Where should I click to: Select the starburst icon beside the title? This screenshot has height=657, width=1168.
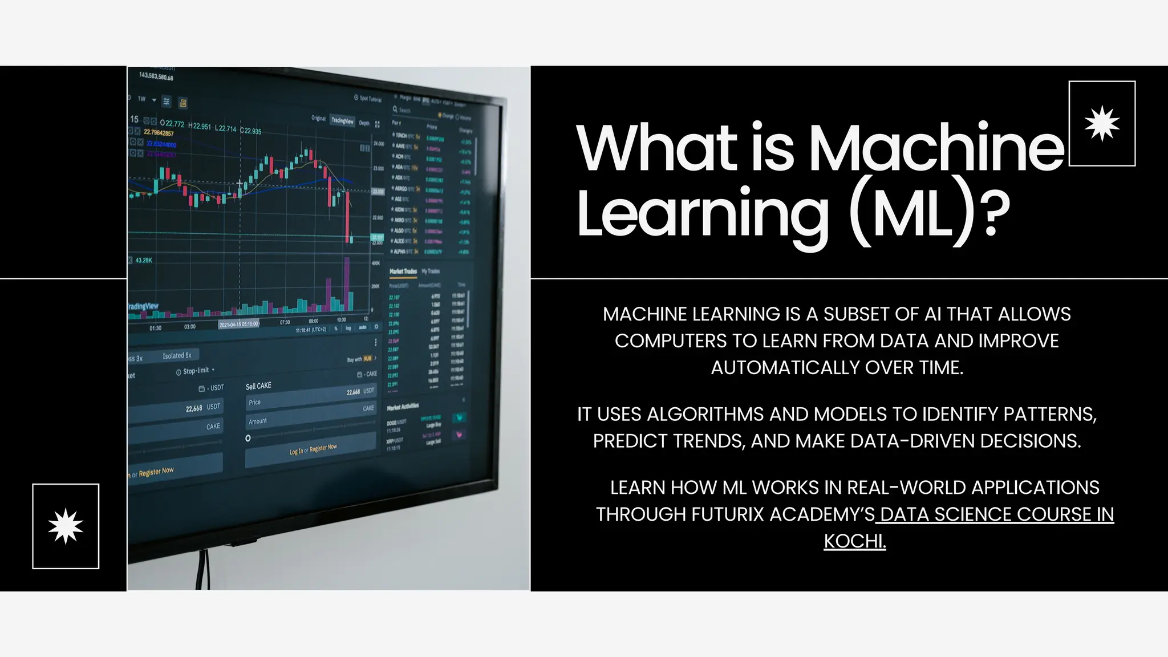(1102, 123)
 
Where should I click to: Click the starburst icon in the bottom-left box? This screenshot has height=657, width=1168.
(66, 526)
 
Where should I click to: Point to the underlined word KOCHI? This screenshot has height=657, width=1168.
(854, 541)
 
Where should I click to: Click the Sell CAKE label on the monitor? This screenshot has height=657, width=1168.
(258, 386)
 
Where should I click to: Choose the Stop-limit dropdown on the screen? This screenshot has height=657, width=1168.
(196, 371)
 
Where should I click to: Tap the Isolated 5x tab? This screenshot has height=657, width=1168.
(177, 355)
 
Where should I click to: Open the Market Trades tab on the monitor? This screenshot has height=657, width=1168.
(403, 271)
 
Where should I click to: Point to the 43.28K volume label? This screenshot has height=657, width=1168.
(143, 260)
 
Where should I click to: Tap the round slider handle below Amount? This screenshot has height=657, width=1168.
(248, 438)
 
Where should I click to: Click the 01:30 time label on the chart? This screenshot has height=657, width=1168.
(155, 328)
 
